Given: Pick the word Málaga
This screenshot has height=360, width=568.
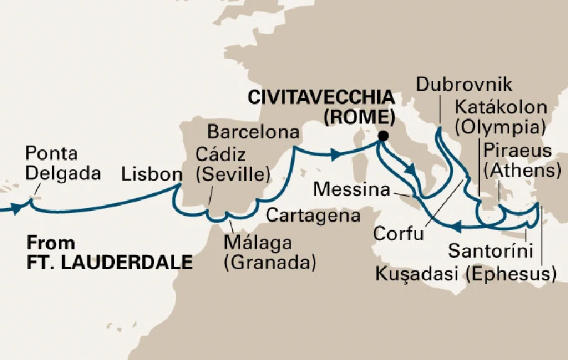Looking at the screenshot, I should (257, 243).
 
